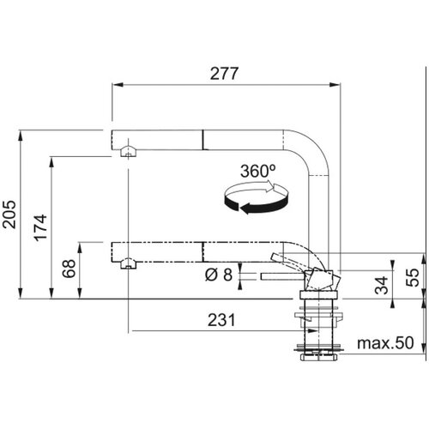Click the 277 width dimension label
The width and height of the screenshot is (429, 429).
point(224,74)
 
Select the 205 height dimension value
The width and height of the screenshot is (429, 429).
point(9,214)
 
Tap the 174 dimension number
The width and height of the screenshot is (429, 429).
point(40,227)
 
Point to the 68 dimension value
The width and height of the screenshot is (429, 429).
point(69,269)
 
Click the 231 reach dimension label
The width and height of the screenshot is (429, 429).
point(221,320)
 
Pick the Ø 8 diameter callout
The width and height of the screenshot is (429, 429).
point(219,275)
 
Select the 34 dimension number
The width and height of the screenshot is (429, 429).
point(382,285)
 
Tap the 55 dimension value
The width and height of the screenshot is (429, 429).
point(413,277)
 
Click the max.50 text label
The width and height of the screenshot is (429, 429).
point(385,342)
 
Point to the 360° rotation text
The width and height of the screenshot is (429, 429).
point(258,171)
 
